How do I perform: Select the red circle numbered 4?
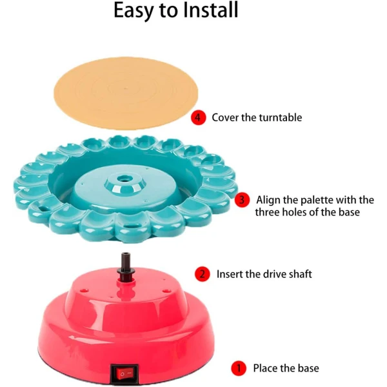tap(198, 117)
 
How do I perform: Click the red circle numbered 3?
tap(242, 200)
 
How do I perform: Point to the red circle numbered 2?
tap(202, 274)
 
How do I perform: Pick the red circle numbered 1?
tap(239, 368)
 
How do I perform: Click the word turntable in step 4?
tap(281, 117)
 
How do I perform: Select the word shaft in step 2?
tap(300, 274)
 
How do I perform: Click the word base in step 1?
tap(308, 368)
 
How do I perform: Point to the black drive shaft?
tap(126, 266)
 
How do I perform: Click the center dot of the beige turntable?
tap(126, 88)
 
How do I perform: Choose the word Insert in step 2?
tap(230, 274)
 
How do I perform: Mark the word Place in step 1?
tap(265, 368)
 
